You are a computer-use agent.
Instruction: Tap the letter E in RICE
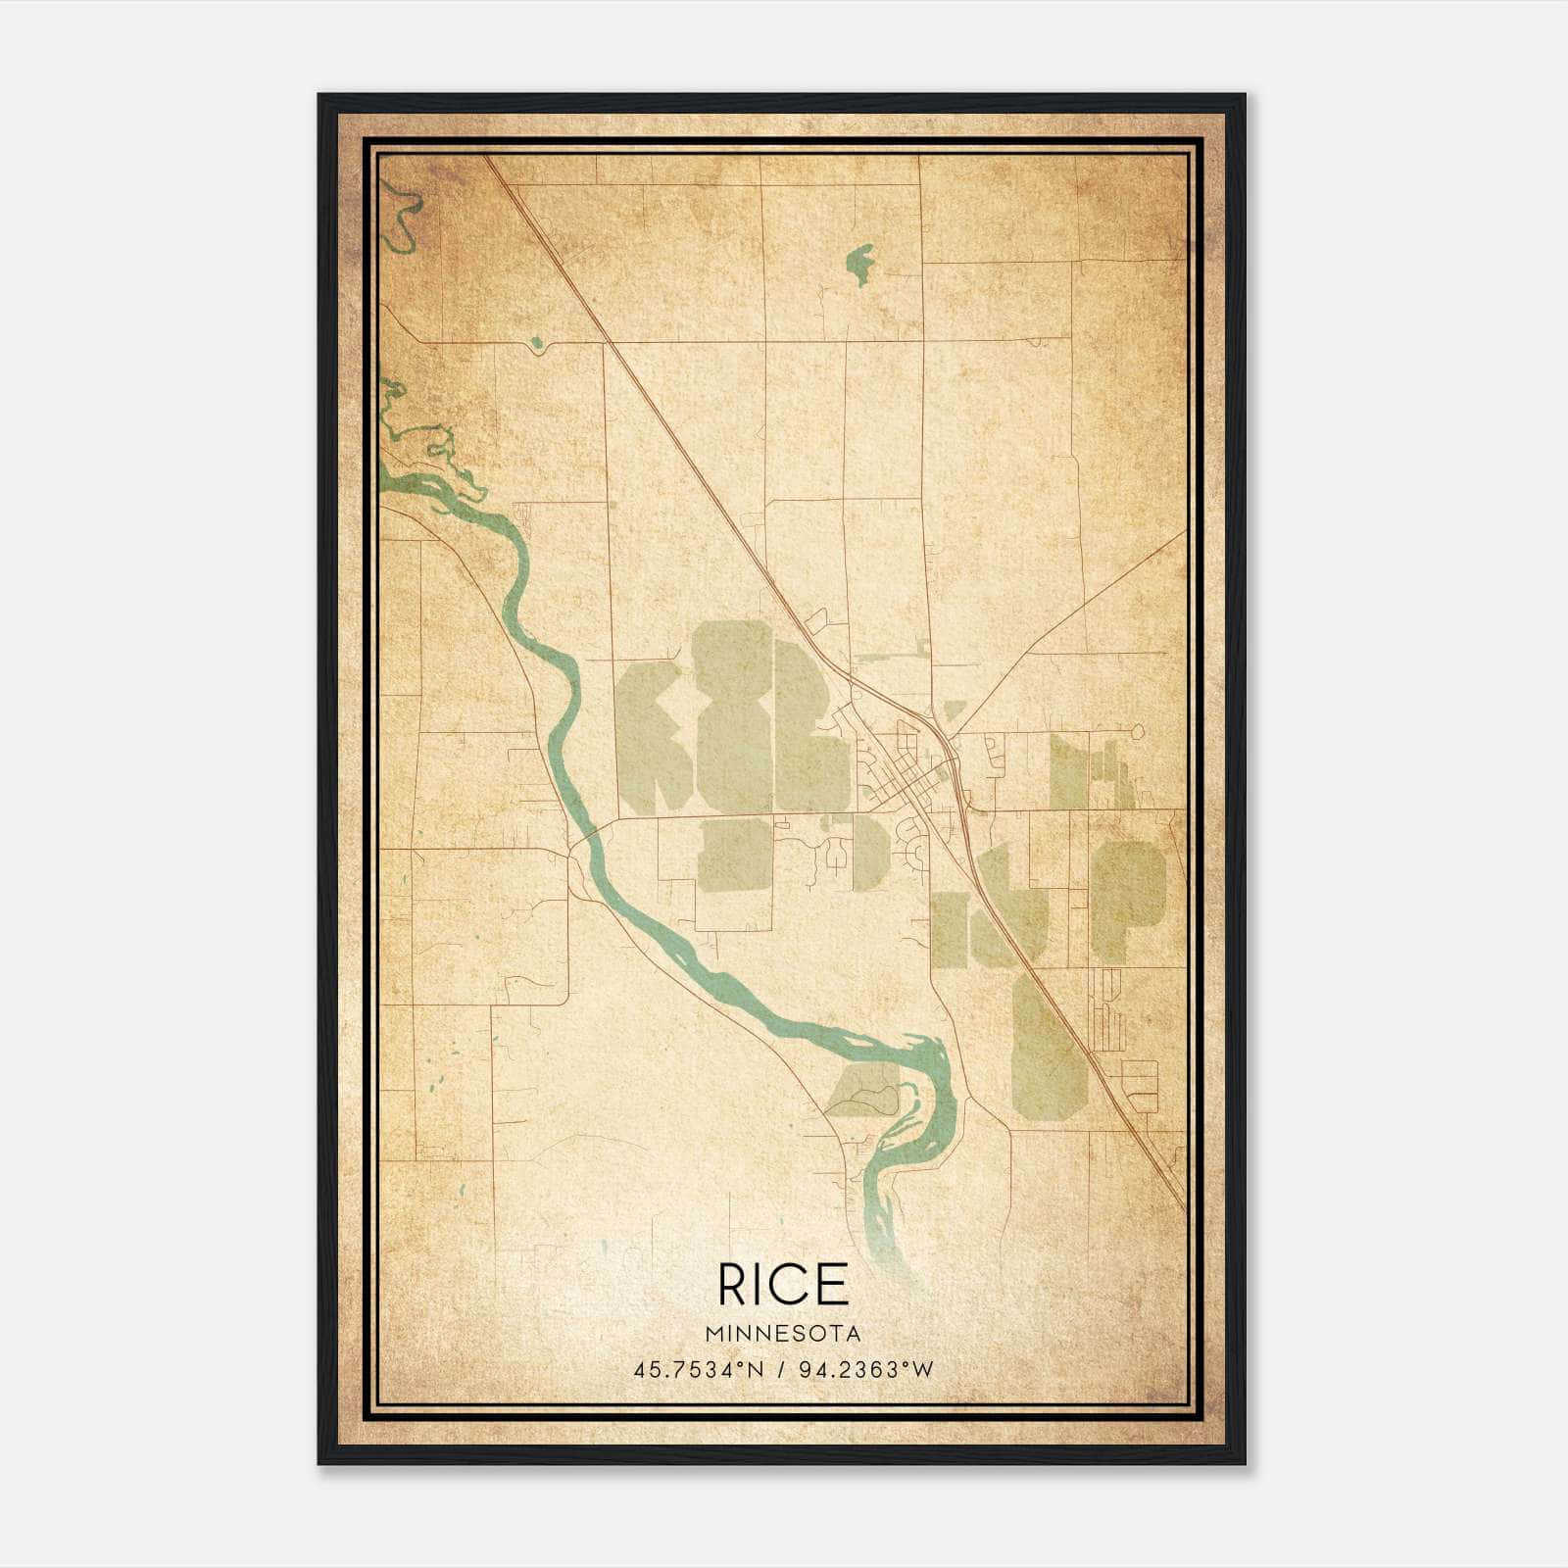(832, 1285)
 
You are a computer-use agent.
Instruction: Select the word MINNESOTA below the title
(783, 1334)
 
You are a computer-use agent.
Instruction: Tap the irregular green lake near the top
(859, 263)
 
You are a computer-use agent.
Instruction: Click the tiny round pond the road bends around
(535, 343)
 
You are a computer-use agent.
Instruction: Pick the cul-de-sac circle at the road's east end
(1137, 731)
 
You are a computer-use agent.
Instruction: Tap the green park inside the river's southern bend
(862, 1093)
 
